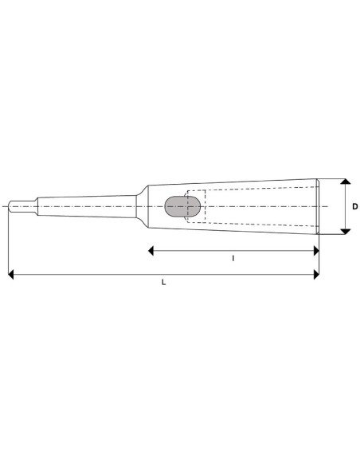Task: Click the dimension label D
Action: tap(354, 207)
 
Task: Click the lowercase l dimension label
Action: tap(233, 258)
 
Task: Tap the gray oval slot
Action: tap(182, 206)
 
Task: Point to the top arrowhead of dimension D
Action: tap(345, 182)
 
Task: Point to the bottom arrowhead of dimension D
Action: tap(345, 231)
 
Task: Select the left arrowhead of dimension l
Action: tap(152, 250)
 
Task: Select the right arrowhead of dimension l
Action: tap(315, 250)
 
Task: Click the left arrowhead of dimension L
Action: tap(11, 275)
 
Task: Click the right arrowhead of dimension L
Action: tap(315, 275)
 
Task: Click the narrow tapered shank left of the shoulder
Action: tap(88, 206)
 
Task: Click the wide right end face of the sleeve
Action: tap(317, 206)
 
